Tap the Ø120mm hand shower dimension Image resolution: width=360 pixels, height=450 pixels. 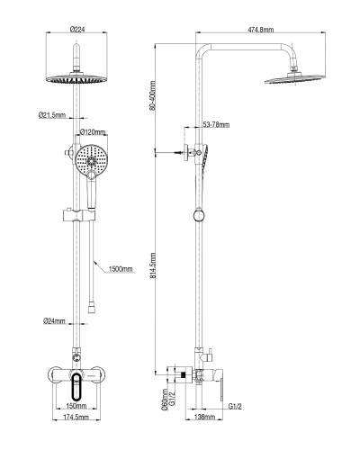96,132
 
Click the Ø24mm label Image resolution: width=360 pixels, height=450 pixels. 53,321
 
